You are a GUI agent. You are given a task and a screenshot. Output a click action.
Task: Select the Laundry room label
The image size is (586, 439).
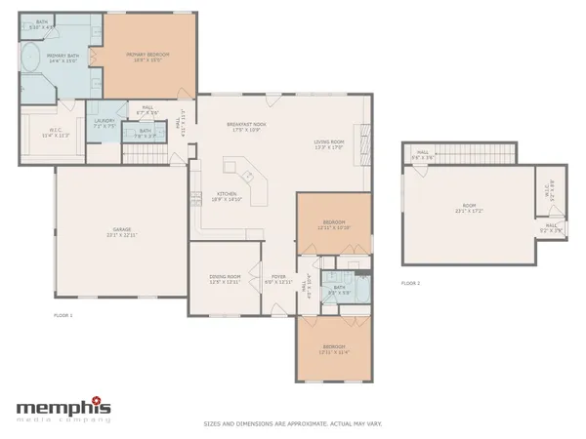tap(104, 122)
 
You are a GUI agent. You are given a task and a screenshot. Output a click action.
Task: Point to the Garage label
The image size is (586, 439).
tap(121, 232)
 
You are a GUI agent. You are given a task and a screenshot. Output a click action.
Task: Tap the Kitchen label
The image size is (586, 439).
tap(227, 195)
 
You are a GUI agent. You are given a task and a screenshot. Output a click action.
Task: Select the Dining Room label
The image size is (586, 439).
tap(226, 279)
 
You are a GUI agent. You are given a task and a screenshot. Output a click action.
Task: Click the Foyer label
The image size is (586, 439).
tap(278, 279)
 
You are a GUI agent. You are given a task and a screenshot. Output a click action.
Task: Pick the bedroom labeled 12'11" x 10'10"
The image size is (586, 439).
tap(333, 223)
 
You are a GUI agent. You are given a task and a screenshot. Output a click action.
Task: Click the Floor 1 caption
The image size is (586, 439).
tap(63, 316)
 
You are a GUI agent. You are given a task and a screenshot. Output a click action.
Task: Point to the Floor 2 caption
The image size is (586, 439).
tap(410, 283)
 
